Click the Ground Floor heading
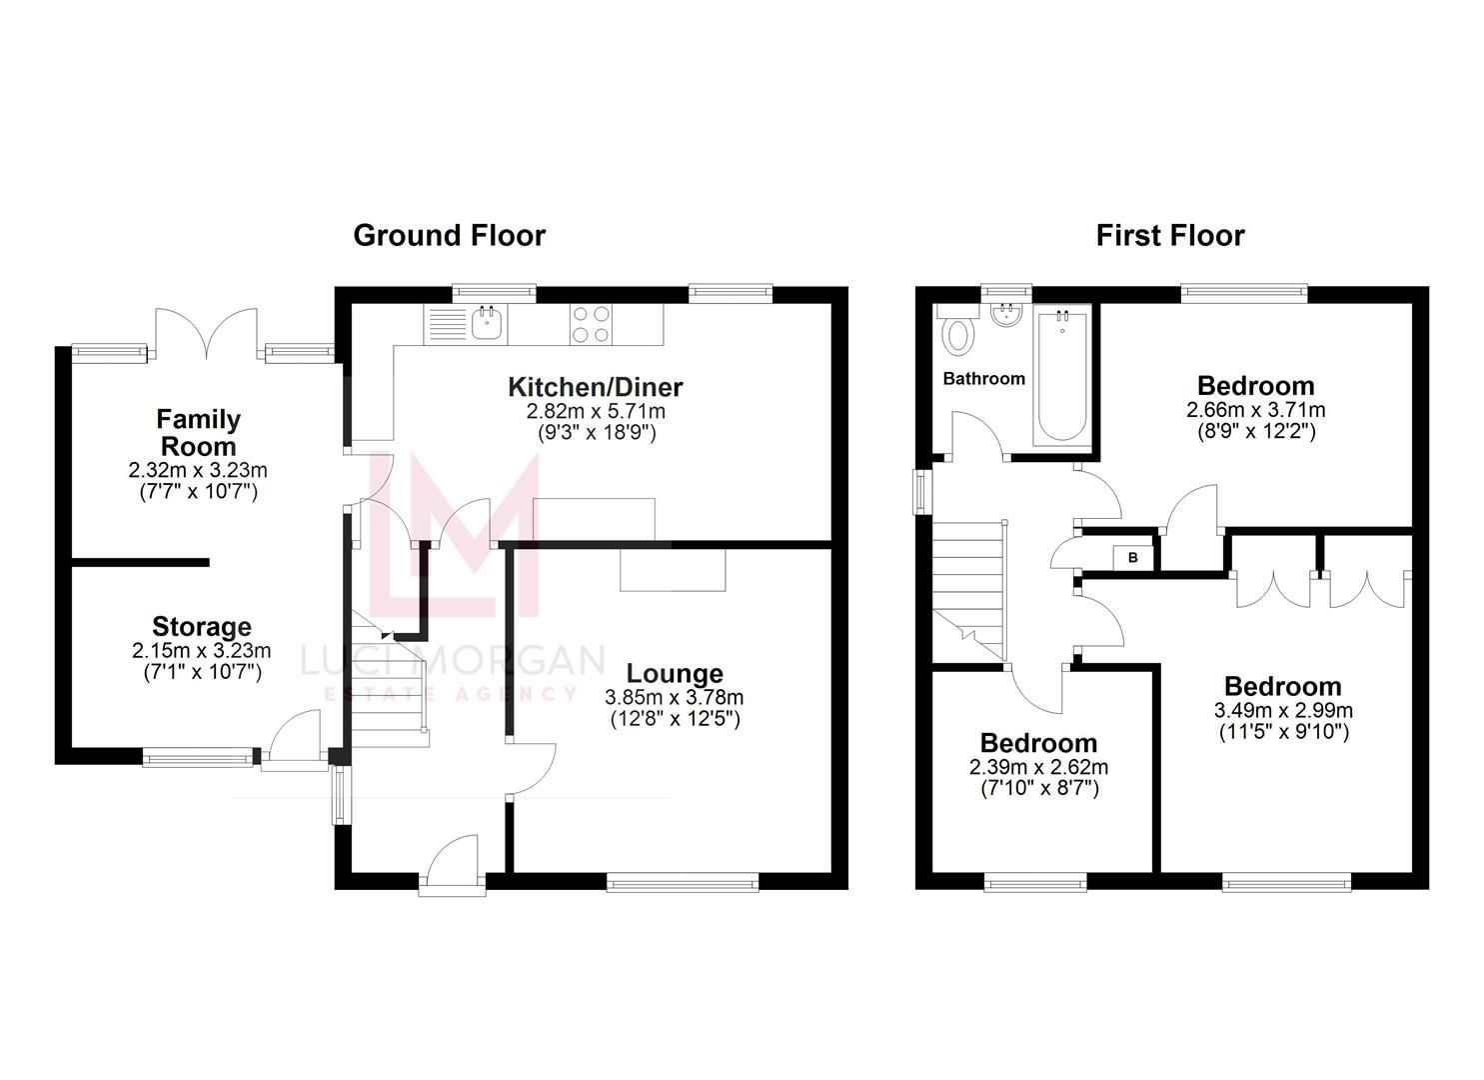point(449,236)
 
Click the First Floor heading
point(1169,236)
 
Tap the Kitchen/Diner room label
point(595,387)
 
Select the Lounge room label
point(675,674)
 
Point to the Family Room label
point(198,432)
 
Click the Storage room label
point(201,627)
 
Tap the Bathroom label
point(983,379)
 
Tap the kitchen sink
point(487,323)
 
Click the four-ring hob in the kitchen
point(591,323)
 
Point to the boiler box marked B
point(1133,557)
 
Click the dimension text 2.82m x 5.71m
point(596,411)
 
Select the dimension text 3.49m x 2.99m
point(1283,711)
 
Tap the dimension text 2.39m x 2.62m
point(1038,767)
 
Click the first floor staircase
point(967,580)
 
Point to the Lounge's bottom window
point(683,882)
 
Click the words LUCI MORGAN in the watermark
point(453,661)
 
